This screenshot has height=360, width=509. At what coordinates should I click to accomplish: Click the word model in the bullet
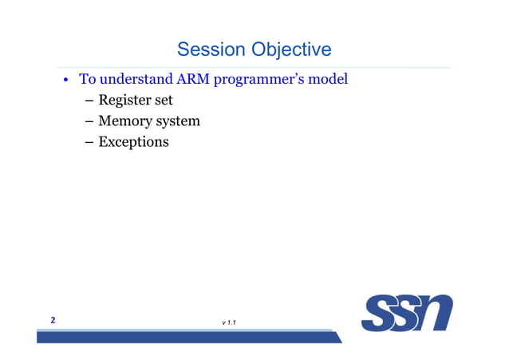[x=329, y=81]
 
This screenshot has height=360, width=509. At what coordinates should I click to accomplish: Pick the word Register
[x=126, y=101]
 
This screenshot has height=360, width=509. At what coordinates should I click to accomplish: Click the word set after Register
[x=164, y=101]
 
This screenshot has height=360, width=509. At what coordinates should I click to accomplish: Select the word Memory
[x=124, y=122]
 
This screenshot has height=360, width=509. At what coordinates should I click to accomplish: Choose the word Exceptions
[x=133, y=143]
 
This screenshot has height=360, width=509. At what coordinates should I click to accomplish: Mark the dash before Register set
[x=89, y=101]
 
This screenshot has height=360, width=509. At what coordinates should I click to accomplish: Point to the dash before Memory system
[x=89, y=122]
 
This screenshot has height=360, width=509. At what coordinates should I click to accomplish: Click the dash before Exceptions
[x=89, y=143]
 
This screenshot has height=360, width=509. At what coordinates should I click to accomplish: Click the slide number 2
[x=53, y=320]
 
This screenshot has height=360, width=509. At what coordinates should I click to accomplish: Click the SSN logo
[x=406, y=313]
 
